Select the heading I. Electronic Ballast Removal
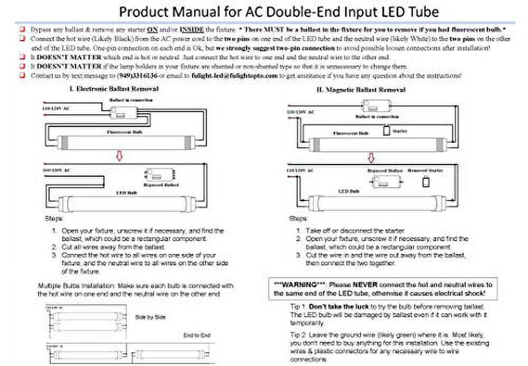click(x=114, y=89)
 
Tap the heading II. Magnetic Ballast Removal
click(x=361, y=90)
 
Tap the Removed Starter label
click(x=426, y=170)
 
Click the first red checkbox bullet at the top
click(x=23, y=30)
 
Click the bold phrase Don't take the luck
click(x=338, y=307)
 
